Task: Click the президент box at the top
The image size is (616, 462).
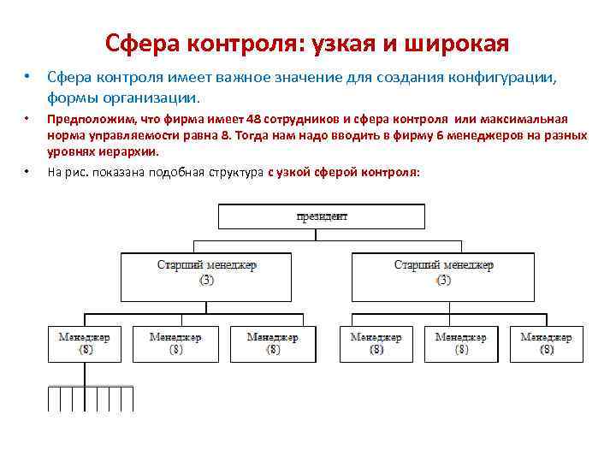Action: [322, 216]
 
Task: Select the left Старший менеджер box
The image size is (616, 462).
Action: [206, 272]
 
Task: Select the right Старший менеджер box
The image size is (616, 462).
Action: [443, 272]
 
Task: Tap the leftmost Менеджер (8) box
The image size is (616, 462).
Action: [85, 343]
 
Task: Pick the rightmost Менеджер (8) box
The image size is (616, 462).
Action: [547, 343]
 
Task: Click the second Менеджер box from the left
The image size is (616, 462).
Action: [175, 343]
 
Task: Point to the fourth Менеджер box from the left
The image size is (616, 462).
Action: [376, 343]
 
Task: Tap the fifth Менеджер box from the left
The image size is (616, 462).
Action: [460, 343]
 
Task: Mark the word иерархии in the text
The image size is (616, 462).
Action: [129, 151]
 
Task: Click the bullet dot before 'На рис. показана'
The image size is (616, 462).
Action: [27, 171]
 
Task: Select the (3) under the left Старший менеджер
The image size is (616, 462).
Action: [206, 280]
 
